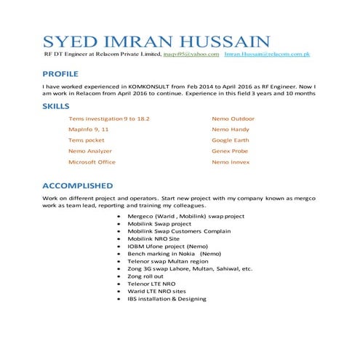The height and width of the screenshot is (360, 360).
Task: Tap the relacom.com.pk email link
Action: pyautogui.click(x=268, y=55)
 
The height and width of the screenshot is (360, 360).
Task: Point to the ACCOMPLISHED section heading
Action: pyautogui.click(x=77, y=185)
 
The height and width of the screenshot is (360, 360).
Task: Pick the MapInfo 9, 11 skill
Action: pyautogui.click(x=88, y=129)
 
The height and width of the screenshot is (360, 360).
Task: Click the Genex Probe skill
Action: pyautogui.click(x=230, y=151)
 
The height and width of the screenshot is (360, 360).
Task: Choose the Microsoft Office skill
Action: pyautogui.click(x=92, y=161)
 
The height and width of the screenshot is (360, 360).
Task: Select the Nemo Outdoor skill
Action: pyautogui.click(x=233, y=118)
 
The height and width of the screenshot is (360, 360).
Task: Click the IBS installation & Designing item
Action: pyautogui.click(x=167, y=298)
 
